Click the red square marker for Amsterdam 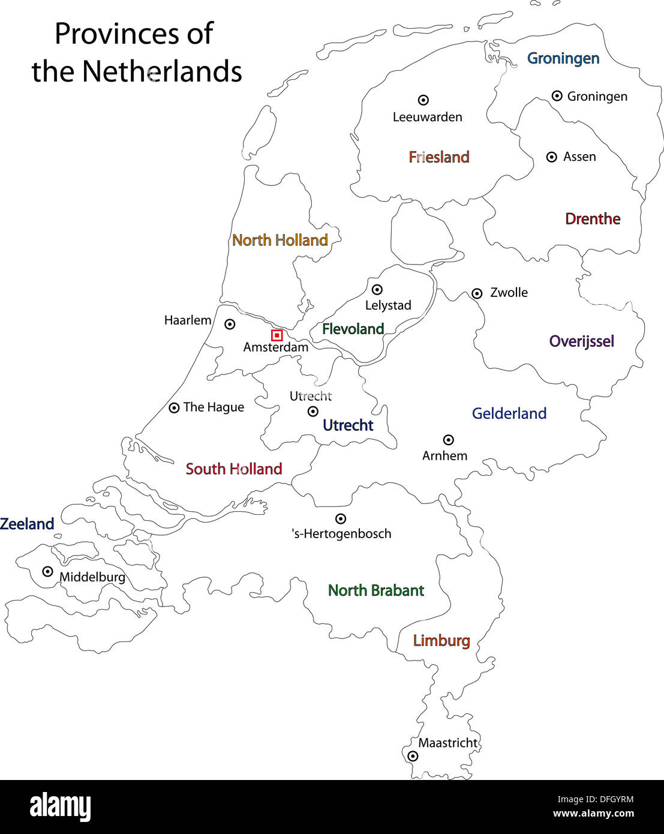(x=277, y=335)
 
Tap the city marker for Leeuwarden (x=423, y=100)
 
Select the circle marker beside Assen (x=552, y=157)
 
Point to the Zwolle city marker (x=477, y=293)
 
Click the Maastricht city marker (x=413, y=756)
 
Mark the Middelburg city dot (x=47, y=571)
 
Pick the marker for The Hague (x=174, y=408)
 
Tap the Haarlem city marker (x=230, y=324)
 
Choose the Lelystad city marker (x=377, y=290)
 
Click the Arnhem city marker (x=448, y=440)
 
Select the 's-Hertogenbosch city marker (x=340, y=518)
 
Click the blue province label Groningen (x=563, y=58)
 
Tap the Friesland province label (x=439, y=157)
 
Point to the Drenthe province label (x=593, y=219)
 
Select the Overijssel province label (x=582, y=341)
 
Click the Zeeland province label (x=27, y=524)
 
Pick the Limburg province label (x=441, y=641)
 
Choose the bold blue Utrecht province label (x=348, y=425)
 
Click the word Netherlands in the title (x=162, y=71)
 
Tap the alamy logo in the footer (x=61, y=807)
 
